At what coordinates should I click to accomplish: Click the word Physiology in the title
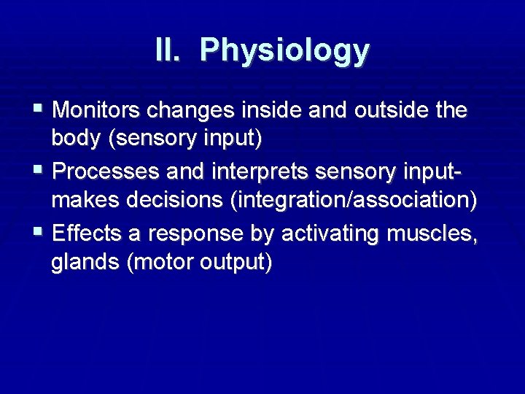click(285, 51)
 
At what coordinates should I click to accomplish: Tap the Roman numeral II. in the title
click(171, 50)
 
